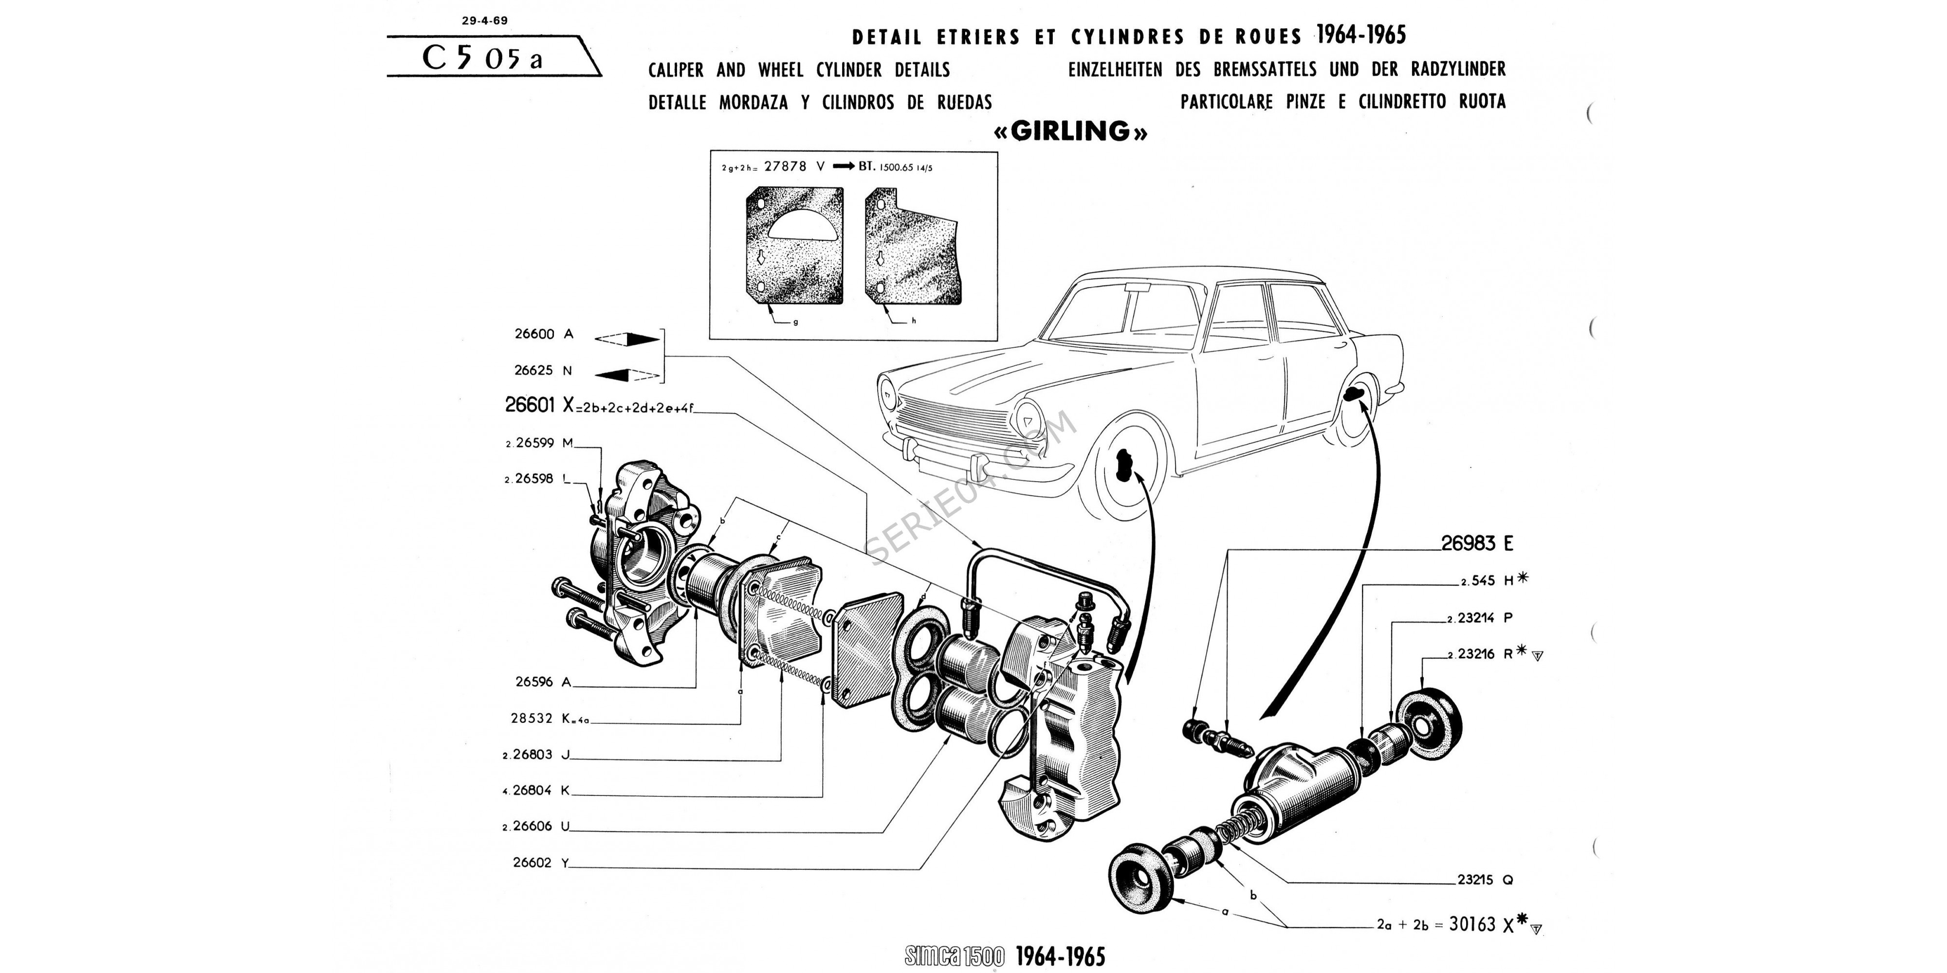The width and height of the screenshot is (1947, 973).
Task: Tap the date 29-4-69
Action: point(484,21)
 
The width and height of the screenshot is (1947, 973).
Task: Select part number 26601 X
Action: point(540,406)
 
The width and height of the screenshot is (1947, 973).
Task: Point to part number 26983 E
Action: point(1477,543)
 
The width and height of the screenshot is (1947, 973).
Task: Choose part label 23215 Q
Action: point(1485,880)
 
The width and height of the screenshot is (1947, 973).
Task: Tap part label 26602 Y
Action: point(540,862)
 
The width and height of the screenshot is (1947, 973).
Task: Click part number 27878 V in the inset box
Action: point(793,166)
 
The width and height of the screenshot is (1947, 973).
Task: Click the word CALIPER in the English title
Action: point(676,70)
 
